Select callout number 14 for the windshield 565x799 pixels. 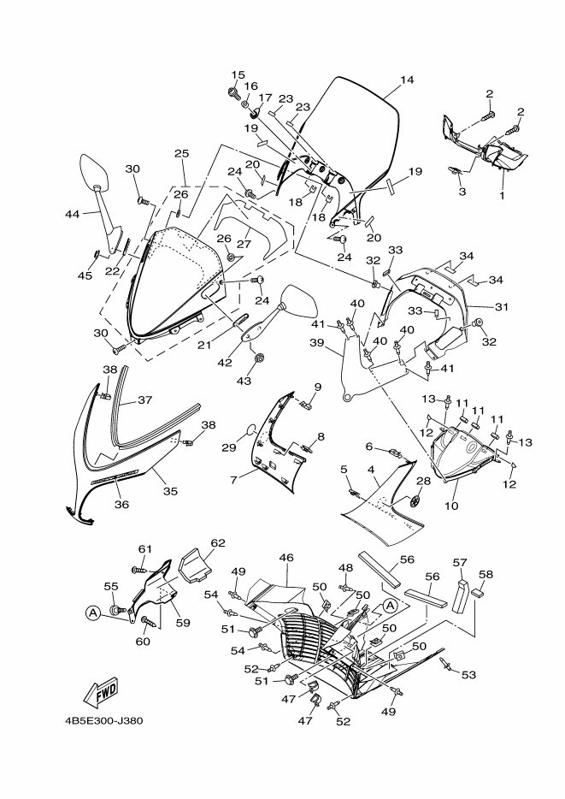pyautogui.click(x=407, y=80)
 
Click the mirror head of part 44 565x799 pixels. pyautogui.click(x=95, y=170)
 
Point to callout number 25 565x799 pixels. pyautogui.click(x=182, y=153)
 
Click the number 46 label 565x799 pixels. pyautogui.click(x=286, y=558)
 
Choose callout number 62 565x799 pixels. pyautogui.click(x=218, y=543)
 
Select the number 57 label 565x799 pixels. pyautogui.click(x=460, y=562)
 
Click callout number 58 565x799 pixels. pyautogui.click(x=486, y=574)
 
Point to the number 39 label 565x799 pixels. pyautogui.click(x=316, y=343)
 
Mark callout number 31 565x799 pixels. pyautogui.click(x=502, y=307)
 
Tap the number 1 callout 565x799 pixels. pyautogui.click(x=502, y=194)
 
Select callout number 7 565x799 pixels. pyautogui.click(x=233, y=480)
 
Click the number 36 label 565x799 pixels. pyautogui.click(x=121, y=505)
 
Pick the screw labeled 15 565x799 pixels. pyautogui.click(x=249, y=92)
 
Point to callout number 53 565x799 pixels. pyautogui.click(x=468, y=675)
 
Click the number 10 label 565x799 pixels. pyautogui.click(x=451, y=506)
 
